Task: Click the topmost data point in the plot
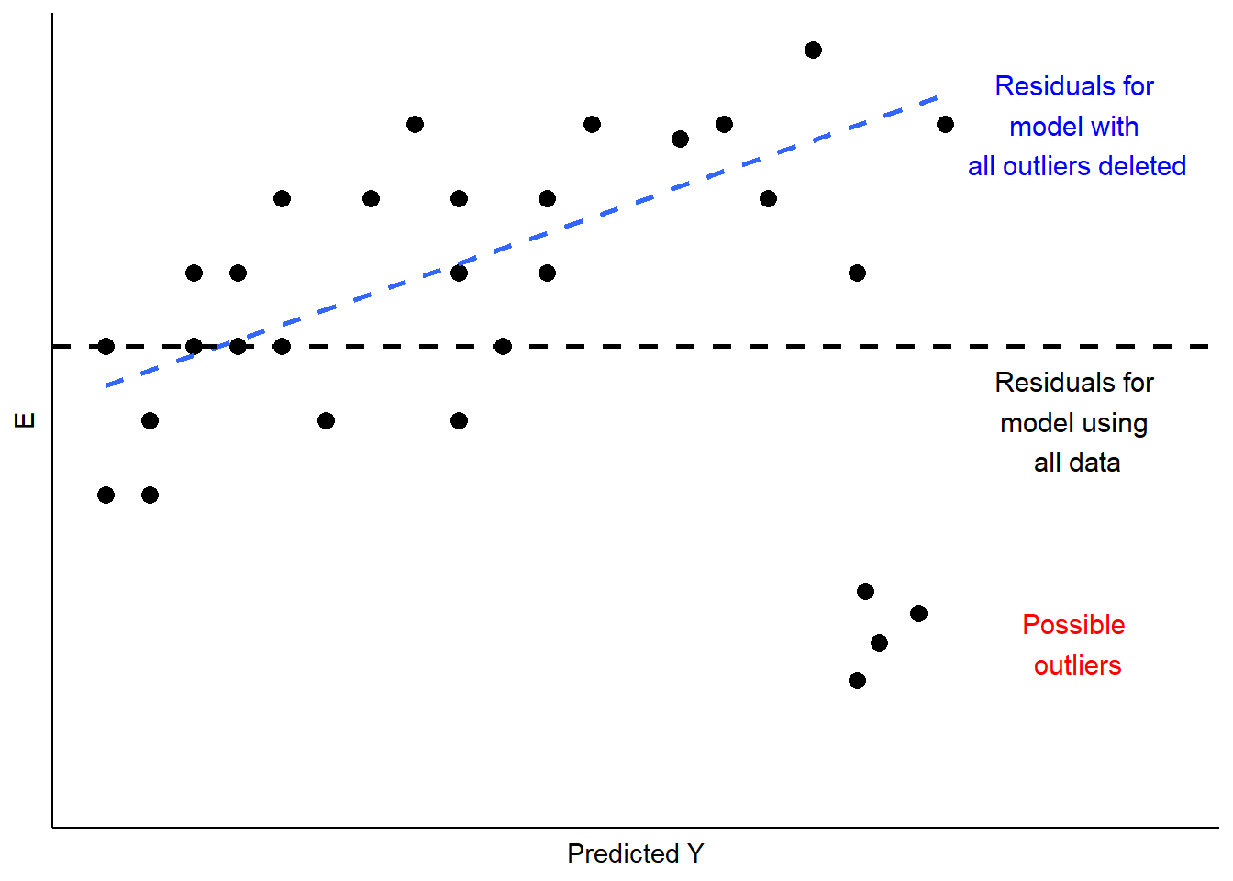click(813, 50)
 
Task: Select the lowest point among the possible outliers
click(857, 680)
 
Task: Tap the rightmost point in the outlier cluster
click(918, 613)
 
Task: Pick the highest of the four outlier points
click(865, 591)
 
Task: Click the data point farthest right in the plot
click(945, 124)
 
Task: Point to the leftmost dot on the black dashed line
click(106, 346)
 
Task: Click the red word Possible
click(1073, 625)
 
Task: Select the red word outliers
click(1077, 665)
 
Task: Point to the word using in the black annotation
click(1112, 424)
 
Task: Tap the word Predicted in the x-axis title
click(623, 853)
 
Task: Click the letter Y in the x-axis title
click(694, 853)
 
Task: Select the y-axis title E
click(26, 420)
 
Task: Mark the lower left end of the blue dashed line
click(106, 385)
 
